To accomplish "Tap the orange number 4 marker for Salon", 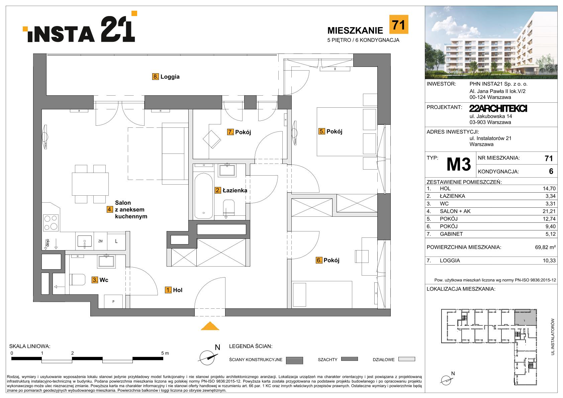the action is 110,209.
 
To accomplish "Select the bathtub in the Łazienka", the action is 204,196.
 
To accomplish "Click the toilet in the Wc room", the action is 77,280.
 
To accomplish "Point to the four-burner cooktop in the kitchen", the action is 51,223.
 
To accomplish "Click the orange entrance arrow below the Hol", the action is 210,326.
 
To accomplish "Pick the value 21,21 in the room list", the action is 549,211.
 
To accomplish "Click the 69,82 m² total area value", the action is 545,247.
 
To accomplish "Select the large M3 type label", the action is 458,165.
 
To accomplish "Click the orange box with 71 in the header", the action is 399,24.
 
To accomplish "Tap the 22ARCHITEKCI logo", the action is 498,109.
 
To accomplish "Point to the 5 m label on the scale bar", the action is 165,353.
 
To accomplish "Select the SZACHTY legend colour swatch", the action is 349,359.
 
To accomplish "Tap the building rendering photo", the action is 491,42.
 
